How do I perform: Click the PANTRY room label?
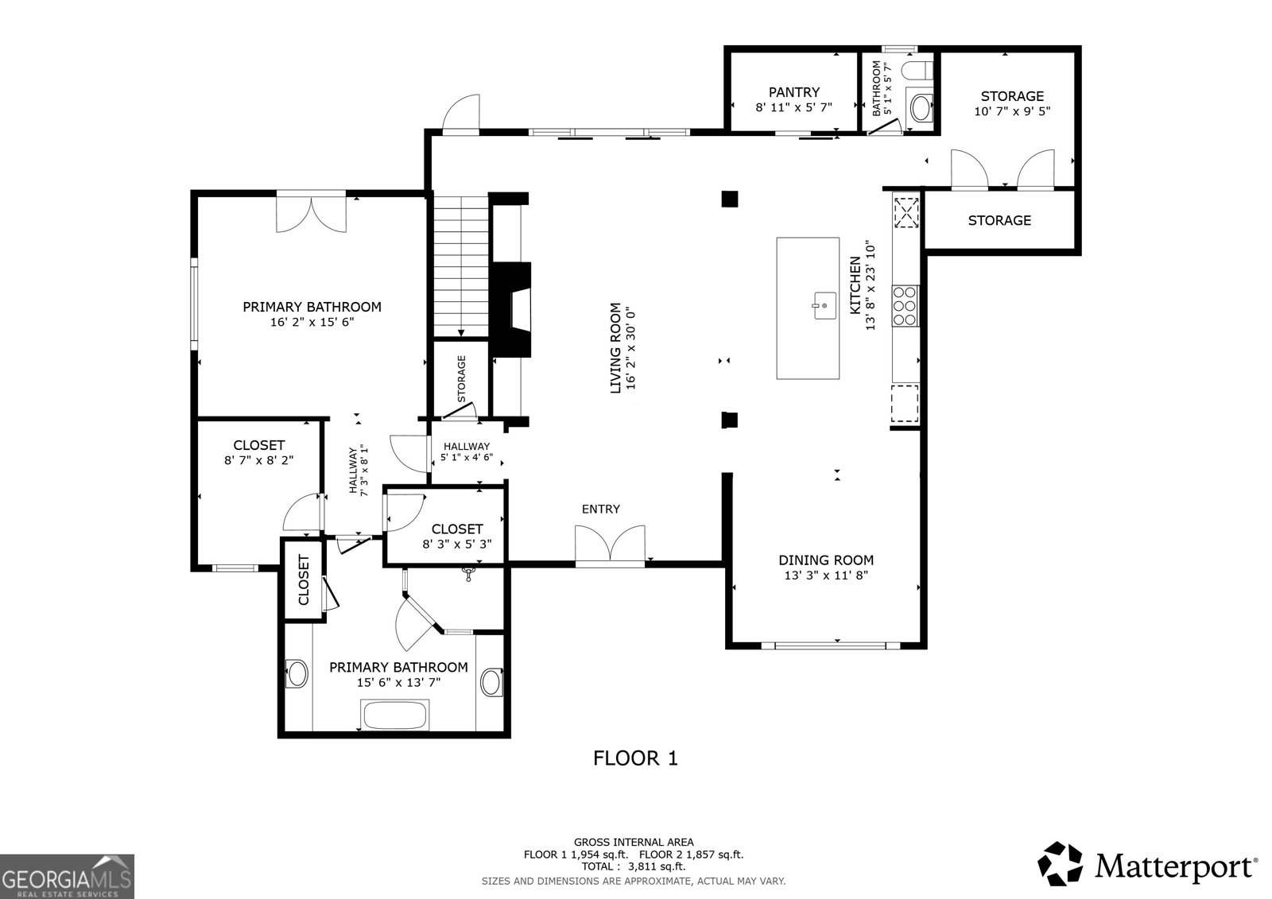coord(793,92)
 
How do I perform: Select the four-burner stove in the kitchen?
coord(906,306)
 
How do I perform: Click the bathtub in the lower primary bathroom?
coord(395,715)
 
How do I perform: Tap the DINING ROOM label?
coord(825,560)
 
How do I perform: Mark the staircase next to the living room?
coord(460,266)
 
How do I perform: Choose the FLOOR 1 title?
coord(635,758)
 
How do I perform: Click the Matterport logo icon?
coord(1061,864)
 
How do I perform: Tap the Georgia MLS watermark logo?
coord(67,876)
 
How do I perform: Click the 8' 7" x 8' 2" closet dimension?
coord(259,459)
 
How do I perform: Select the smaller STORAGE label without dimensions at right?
coord(999,220)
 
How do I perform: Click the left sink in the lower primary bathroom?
coord(298,674)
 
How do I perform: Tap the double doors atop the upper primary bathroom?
coord(312,211)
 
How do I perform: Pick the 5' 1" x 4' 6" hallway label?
coord(467,458)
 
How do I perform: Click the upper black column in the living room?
coord(729,199)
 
